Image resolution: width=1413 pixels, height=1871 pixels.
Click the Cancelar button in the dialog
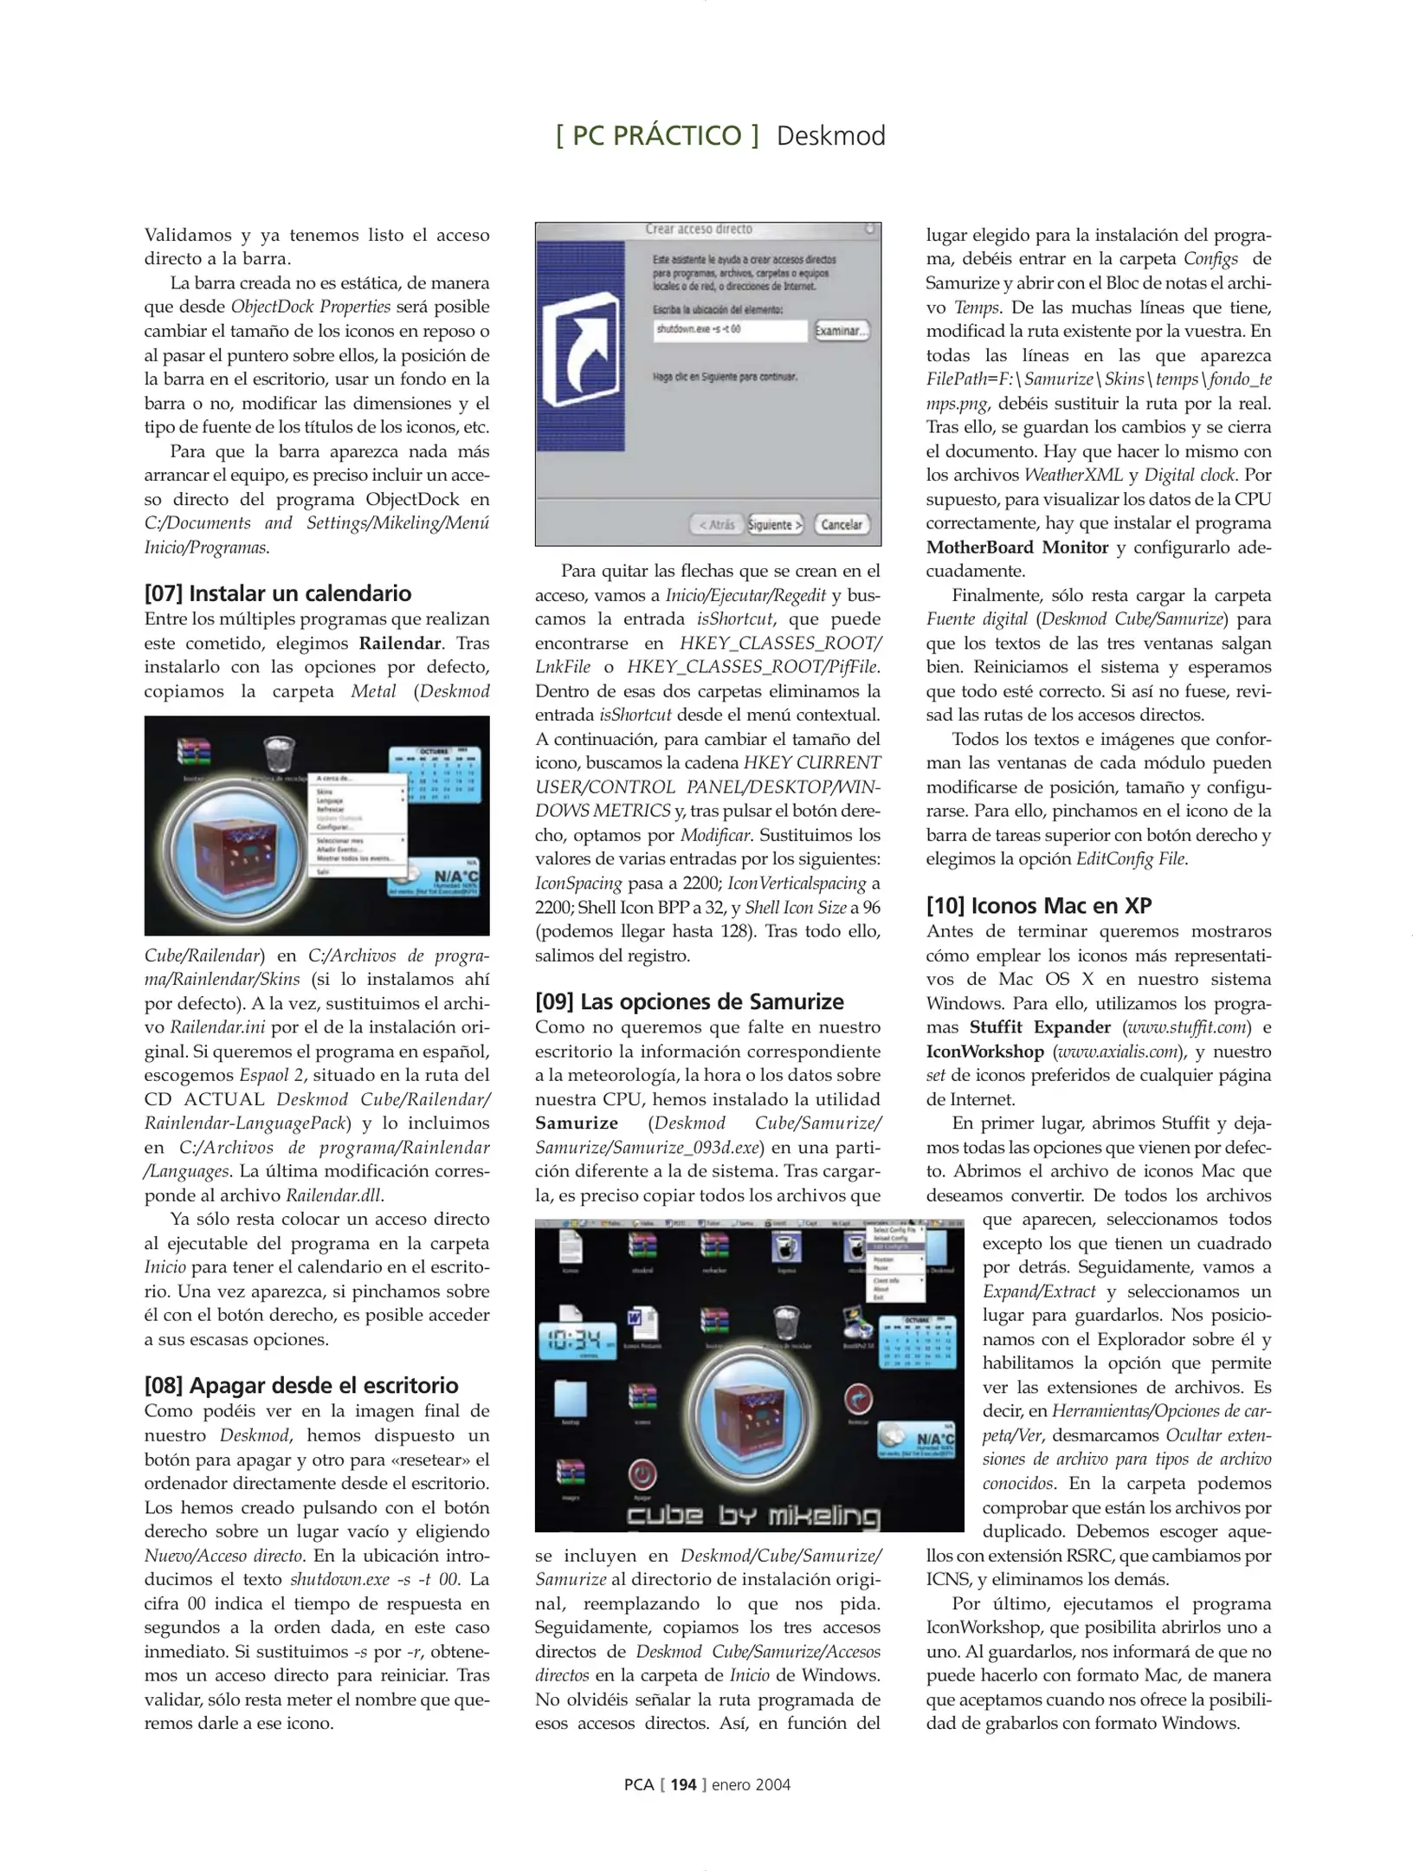click(842, 524)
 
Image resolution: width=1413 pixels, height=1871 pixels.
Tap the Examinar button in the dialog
click(840, 330)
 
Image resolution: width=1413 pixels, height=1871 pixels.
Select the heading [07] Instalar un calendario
click(278, 593)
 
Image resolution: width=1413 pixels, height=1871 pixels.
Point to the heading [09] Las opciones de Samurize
click(689, 1001)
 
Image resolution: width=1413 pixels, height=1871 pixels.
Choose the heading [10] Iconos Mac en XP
click(1039, 905)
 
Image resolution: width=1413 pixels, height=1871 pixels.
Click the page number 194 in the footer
click(683, 1784)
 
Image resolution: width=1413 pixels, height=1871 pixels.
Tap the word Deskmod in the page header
click(830, 136)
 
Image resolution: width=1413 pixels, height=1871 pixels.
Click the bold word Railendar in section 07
click(400, 643)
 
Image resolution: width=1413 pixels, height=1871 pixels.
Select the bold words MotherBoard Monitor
click(1017, 547)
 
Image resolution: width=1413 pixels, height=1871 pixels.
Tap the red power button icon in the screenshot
click(642, 1473)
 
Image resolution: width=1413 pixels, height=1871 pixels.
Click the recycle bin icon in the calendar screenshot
click(279, 753)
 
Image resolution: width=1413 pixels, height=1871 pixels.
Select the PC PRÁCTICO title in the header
click(657, 136)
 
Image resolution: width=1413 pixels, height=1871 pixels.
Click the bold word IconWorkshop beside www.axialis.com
click(985, 1052)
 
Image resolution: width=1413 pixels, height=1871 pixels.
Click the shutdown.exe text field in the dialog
click(730, 330)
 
